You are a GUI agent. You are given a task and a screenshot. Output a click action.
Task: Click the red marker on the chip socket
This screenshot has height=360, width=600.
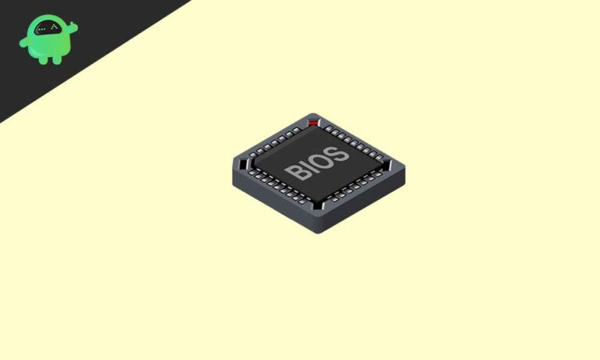(314, 123)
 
